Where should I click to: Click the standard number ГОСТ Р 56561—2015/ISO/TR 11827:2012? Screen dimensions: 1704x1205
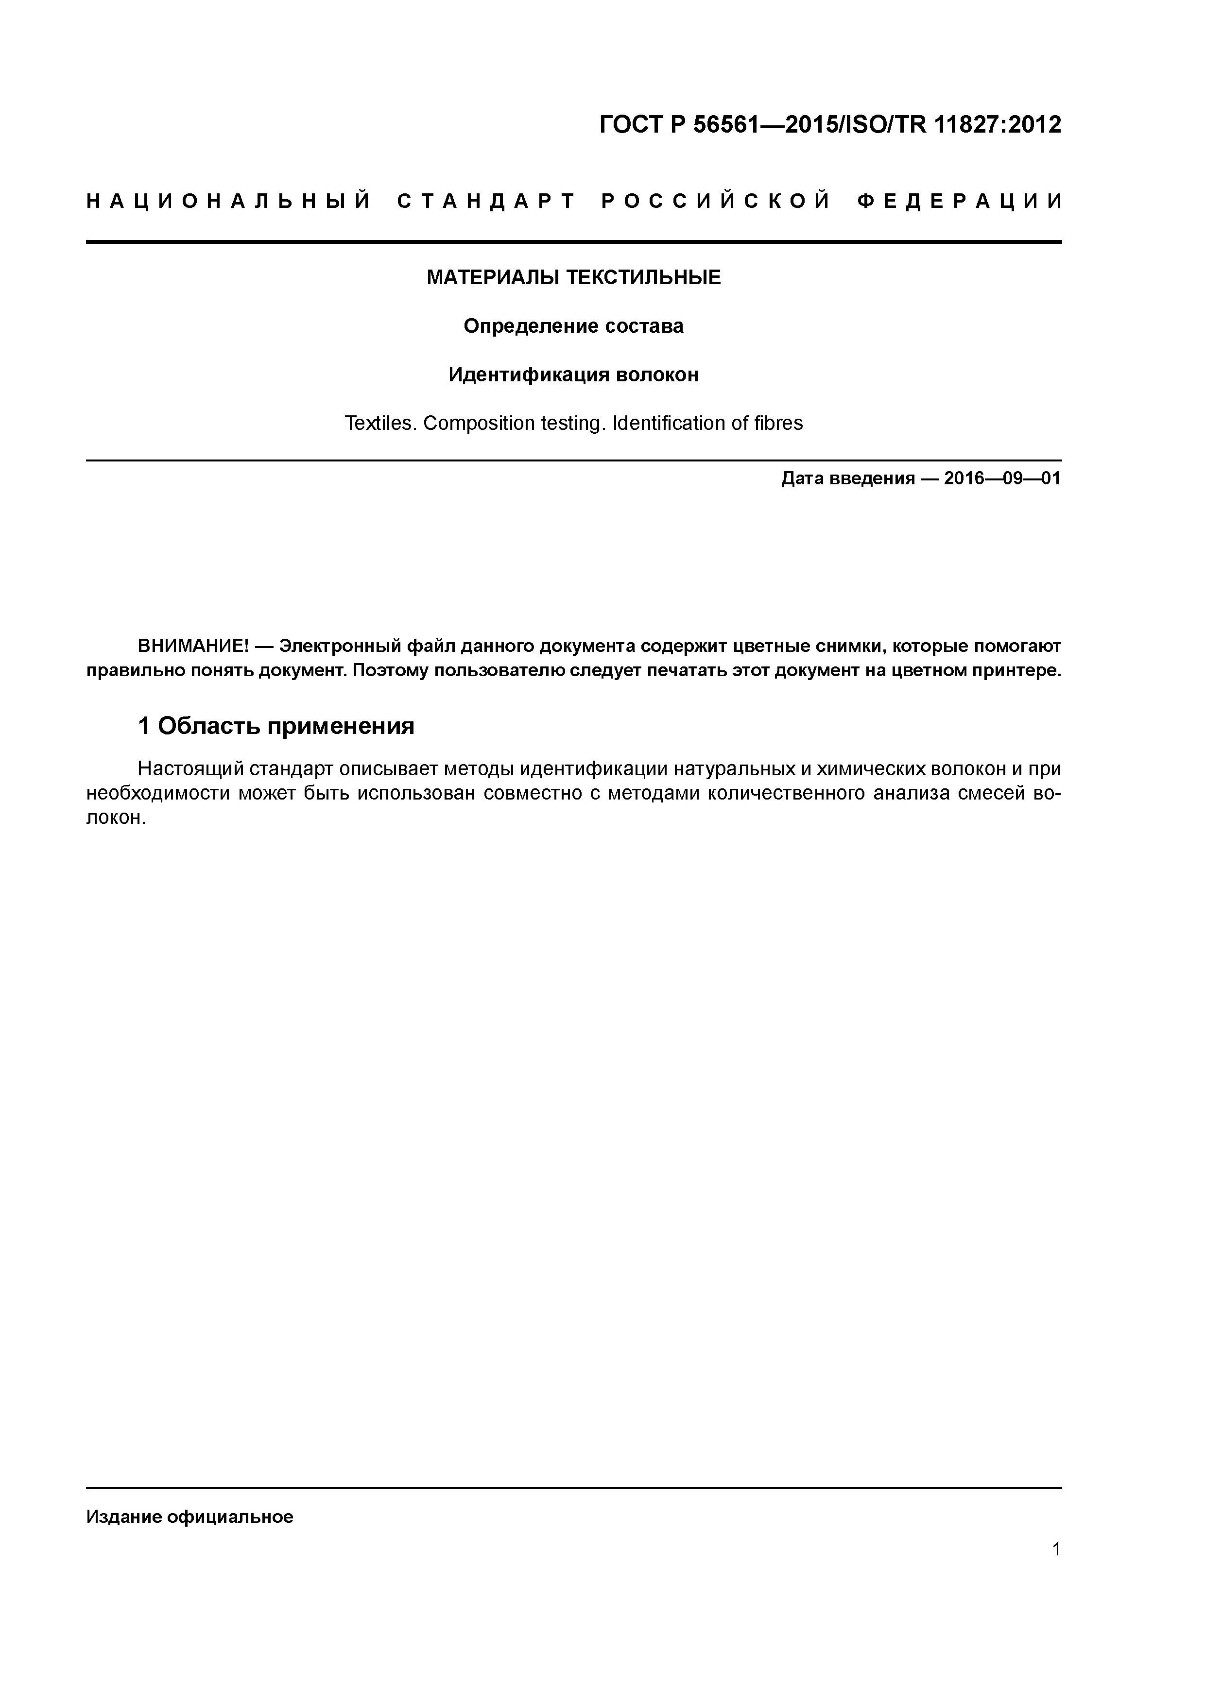coord(829,125)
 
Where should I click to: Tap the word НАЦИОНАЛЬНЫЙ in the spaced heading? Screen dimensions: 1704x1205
coord(229,202)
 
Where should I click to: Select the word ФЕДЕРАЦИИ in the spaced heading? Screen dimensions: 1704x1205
coord(959,202)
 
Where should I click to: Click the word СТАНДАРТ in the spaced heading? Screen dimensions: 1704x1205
coord(487,202)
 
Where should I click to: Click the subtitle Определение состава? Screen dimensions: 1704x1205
coord(573,326)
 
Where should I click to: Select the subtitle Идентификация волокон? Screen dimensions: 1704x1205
coord(573,375)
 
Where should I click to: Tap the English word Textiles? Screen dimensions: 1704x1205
coord(380,423)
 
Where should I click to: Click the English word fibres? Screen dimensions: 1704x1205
coord(778,423)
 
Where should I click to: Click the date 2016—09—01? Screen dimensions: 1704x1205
coord(1002,478)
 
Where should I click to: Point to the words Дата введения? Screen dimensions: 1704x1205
coord(848,478)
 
